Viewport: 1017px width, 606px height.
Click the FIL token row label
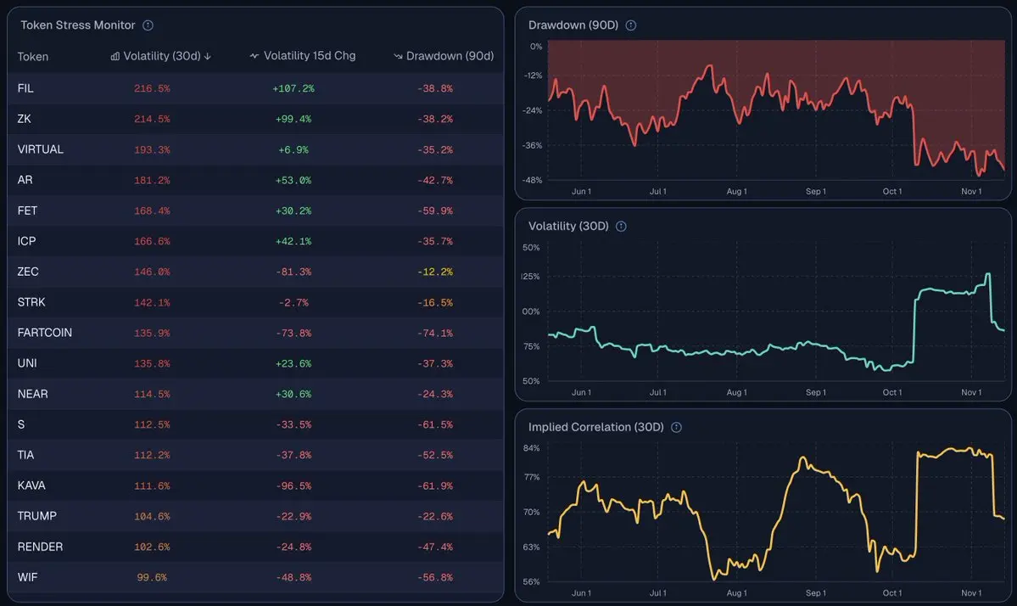pos(25,88)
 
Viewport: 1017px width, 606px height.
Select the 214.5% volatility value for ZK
pos(152,119)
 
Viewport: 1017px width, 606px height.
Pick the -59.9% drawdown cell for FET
pos(434,210)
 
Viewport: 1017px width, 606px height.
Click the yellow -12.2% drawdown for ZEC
pos(434,272)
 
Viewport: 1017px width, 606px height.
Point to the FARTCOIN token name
pos(44,333)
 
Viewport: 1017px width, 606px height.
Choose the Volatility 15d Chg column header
pos(303,56)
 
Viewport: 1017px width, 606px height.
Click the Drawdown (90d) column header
pos(444,56)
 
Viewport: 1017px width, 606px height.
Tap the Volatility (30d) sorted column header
pos(161,56)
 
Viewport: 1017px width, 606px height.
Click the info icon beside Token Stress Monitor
pos(148,25)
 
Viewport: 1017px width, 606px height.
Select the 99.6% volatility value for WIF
pos(152,577)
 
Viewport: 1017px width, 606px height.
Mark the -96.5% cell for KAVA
pos(293,485)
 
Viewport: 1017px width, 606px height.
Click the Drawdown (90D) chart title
pos(573,25)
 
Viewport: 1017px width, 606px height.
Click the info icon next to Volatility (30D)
pos(621,227)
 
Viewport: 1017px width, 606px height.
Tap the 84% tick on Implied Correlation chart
pos(532,448)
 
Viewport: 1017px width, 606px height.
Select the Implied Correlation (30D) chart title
pos(595,427)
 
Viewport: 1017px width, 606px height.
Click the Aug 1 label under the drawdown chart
pos(737,192)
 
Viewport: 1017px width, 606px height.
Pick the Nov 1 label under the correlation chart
pos(971,593)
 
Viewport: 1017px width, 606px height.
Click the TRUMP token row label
pos(37,516)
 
